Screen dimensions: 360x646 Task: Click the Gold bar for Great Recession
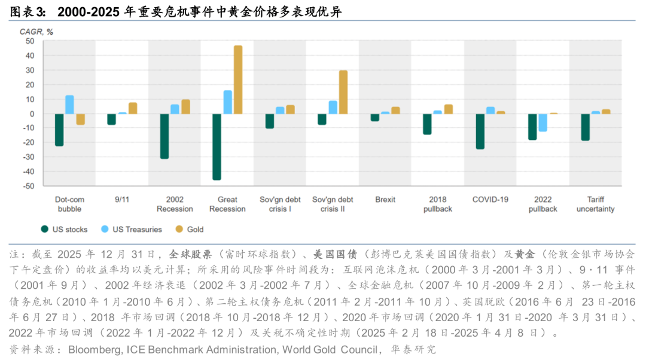(238, 80)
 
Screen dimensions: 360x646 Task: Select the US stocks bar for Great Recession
(217, 147)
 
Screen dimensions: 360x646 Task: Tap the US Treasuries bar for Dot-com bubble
(70, 105)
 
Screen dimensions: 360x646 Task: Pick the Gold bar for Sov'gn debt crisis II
(343, 92)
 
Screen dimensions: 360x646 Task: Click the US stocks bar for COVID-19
(480, 131)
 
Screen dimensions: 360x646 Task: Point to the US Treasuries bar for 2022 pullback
(543, 123)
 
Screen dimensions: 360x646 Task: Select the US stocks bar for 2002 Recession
(164, 136)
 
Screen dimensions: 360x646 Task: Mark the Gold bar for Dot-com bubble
(80, 119)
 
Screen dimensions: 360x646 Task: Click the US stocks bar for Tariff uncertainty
(586, 127)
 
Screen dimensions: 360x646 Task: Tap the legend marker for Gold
(179, 229)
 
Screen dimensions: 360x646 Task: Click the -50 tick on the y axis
(28, 186)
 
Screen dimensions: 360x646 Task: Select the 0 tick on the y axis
(32, 114)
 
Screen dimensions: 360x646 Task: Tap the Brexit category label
(385, 200)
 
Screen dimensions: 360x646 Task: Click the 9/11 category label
(121, 200)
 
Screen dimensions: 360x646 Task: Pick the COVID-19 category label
(490, 200)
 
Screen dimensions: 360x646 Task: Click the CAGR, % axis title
(37, 32)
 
